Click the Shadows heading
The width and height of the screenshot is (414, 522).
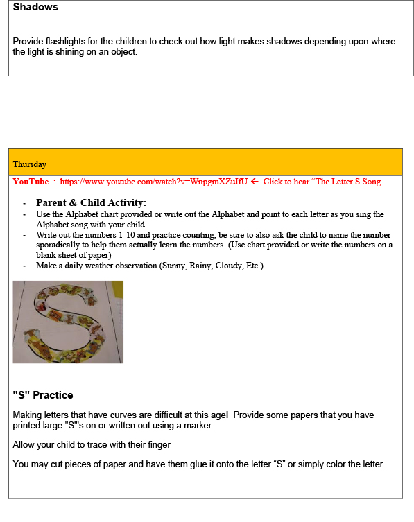point(35,7)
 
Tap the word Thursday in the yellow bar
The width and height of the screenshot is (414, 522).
point(30,164)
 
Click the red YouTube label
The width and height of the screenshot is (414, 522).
point(31,182)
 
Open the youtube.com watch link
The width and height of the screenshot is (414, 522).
point(153,182)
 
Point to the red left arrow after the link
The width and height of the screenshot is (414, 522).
point(255,182)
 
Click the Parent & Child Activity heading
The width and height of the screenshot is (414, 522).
point(91,202)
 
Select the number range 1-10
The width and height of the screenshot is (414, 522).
point(127,235)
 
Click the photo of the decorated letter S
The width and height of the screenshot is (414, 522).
point(68,322)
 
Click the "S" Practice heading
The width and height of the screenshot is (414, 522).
point(42,395)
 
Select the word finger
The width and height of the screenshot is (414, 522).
point(159,445)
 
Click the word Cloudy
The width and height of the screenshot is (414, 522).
point(230,266)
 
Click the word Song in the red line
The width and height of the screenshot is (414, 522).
point(372,182)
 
